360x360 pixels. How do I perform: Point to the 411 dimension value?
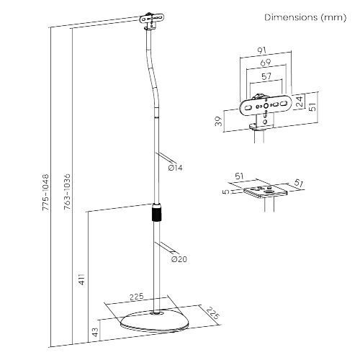(81, 279)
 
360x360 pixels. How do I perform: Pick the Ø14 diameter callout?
(175, 168)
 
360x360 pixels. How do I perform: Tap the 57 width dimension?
(266, 77)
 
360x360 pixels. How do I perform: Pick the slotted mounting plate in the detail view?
(266, 106)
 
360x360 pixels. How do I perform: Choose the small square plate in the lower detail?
(265, 191)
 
